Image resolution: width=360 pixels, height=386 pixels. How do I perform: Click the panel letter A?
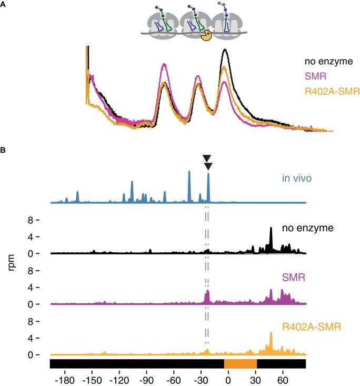click(x=4, y=4)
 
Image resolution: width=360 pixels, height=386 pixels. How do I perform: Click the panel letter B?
click(x=4, y=151)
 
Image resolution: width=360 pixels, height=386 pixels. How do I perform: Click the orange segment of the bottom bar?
click(x=241, y=364)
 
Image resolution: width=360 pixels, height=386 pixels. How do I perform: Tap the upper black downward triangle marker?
click(x=207, y=159)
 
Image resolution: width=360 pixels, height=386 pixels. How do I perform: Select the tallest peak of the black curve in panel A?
click(x=225, y=51)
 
